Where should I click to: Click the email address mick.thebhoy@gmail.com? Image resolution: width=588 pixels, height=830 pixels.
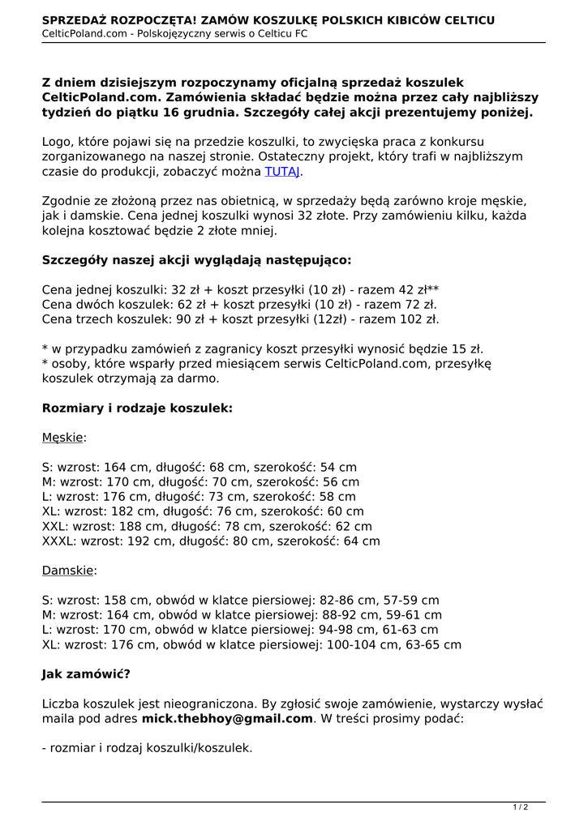tap(227, 718)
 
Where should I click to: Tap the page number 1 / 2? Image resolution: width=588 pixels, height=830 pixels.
tap(520, 806)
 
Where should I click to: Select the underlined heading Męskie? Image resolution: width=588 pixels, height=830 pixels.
tap(63, 438)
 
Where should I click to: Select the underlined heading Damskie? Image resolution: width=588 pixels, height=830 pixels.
tap(69, 571)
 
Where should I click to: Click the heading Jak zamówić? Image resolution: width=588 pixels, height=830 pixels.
tap(86, 674)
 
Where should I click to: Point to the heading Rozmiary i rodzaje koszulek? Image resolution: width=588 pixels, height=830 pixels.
tap(137, 408)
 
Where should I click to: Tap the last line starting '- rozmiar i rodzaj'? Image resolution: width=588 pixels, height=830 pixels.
tap(147, 748)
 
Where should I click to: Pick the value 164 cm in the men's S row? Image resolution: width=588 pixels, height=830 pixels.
tap(127, 468)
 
